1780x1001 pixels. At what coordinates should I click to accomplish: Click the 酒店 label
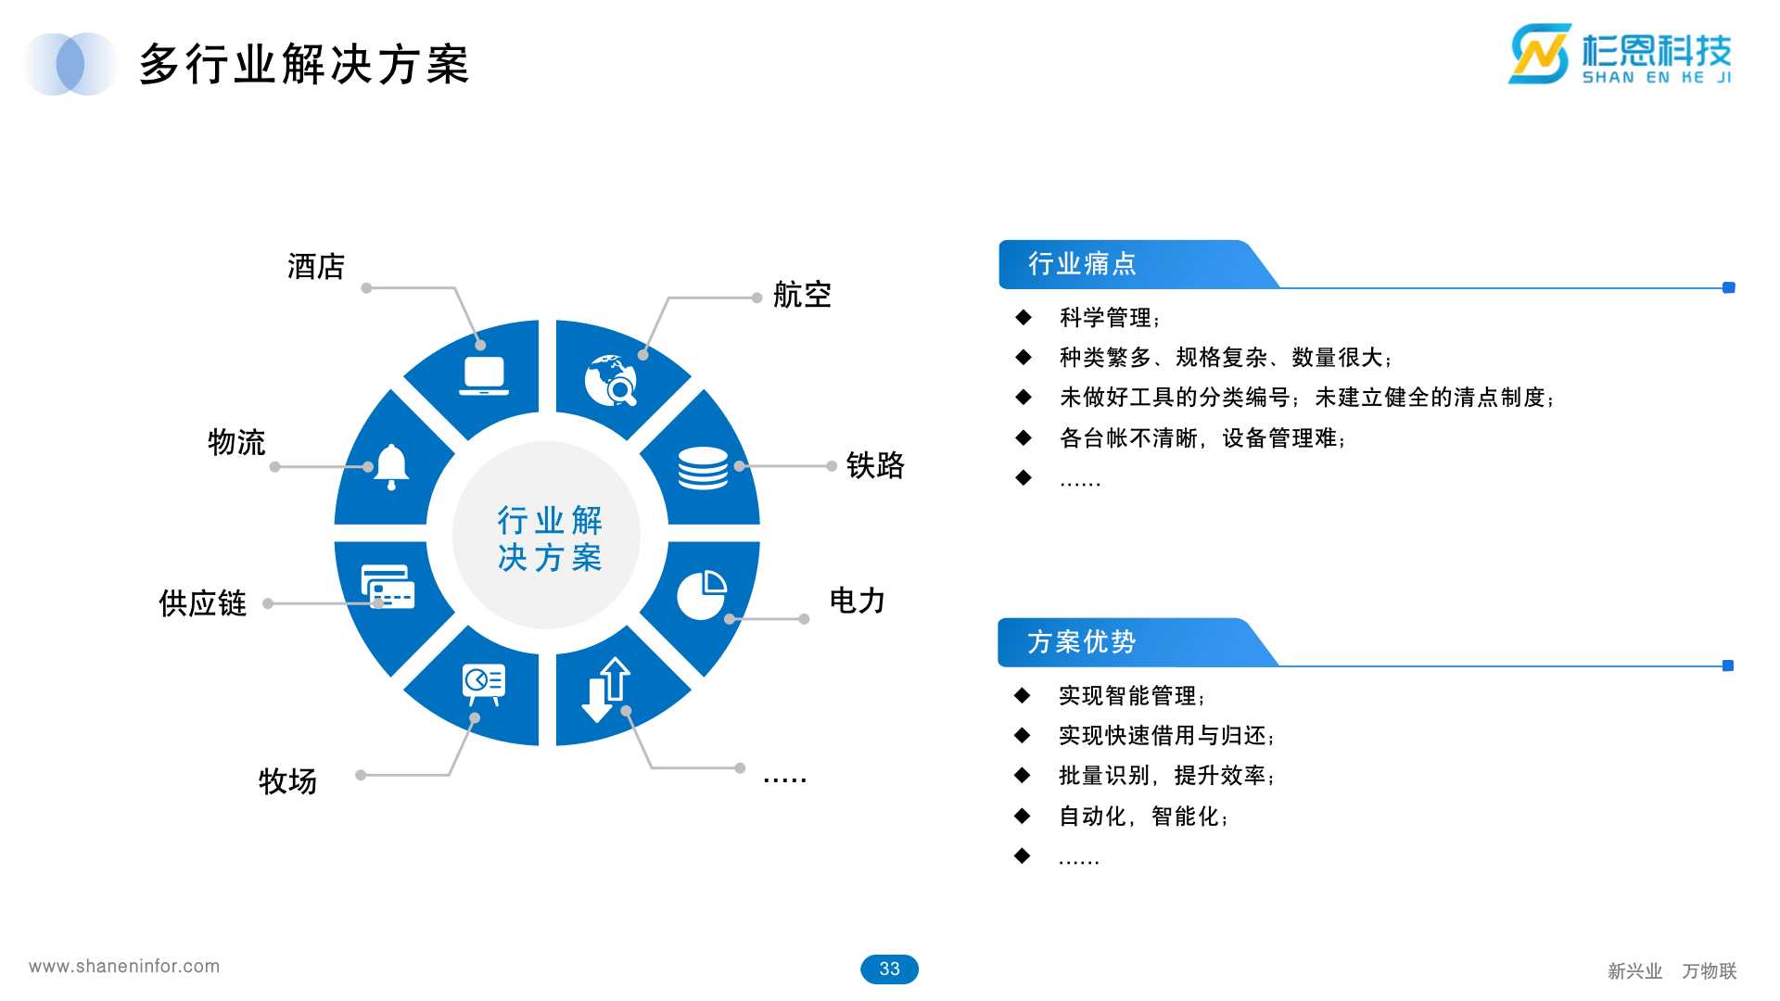click(x=316, y=267)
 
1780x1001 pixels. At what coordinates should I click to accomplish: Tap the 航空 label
click(x=802, y=296)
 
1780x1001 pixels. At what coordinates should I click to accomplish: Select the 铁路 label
click(x=874, y=465)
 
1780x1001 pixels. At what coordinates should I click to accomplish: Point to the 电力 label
click(x=857, y=601)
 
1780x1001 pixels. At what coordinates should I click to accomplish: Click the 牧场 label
click(x=287, y=781)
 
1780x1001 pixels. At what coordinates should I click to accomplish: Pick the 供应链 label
click(x=202, y=603)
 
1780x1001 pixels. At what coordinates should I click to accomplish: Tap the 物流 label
click(x=236, y=442)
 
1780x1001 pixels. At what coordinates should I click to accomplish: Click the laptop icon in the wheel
click(x=484, y=376)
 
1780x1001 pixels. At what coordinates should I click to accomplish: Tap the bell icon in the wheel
click(x=391, y=465)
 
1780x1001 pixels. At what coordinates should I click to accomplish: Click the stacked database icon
click(x=703, y=468)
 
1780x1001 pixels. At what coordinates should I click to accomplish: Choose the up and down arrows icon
click(x=606, y=689)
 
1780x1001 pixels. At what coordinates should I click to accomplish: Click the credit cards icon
click(x=388, y=587)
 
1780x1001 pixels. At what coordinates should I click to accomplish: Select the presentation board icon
click(x=484, y=684)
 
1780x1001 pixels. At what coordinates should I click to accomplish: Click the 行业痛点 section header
click(x=1082, y=264)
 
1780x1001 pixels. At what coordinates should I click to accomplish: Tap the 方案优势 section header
click(x=1081, y=641)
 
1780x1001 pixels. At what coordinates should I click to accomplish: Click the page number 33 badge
click(x=889, y=969)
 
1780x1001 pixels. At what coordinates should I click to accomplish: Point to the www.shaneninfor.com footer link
click(x=124, y=967)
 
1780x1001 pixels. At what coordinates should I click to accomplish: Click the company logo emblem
click(x=1540, y=54)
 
